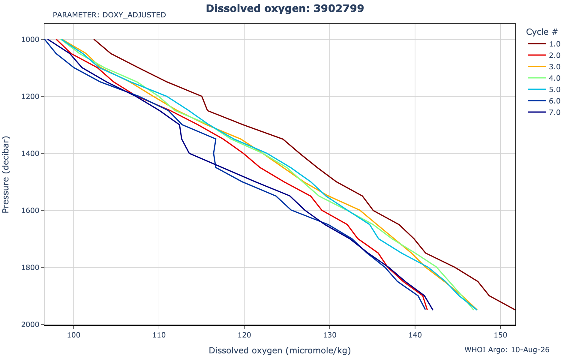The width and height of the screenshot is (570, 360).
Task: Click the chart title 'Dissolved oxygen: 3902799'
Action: [285, 8]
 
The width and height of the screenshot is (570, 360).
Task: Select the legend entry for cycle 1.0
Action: [544, 44]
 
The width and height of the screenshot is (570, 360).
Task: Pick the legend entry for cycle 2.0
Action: [544, 55]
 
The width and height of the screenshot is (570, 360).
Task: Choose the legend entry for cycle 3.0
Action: [544, 67]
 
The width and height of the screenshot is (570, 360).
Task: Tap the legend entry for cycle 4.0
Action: [544, 78]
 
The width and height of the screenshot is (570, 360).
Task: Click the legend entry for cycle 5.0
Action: [544, 90]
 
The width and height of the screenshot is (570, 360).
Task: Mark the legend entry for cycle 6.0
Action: [544, 101]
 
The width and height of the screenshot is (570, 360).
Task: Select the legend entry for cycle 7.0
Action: [544, 112]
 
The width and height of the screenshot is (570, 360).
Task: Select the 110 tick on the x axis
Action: [159, 333]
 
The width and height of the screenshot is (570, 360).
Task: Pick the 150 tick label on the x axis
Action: [500, 333]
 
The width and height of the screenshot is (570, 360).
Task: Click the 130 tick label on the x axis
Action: [330, 333]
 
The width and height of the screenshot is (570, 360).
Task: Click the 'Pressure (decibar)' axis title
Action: [6, 175]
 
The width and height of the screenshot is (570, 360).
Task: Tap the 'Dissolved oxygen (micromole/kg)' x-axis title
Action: [280, 351]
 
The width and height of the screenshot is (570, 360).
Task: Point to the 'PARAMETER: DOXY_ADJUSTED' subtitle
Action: [109, 15]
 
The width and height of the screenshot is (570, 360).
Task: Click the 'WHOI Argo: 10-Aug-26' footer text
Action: [507, 350]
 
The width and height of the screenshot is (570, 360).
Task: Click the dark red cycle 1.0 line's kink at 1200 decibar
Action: [202, 96]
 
